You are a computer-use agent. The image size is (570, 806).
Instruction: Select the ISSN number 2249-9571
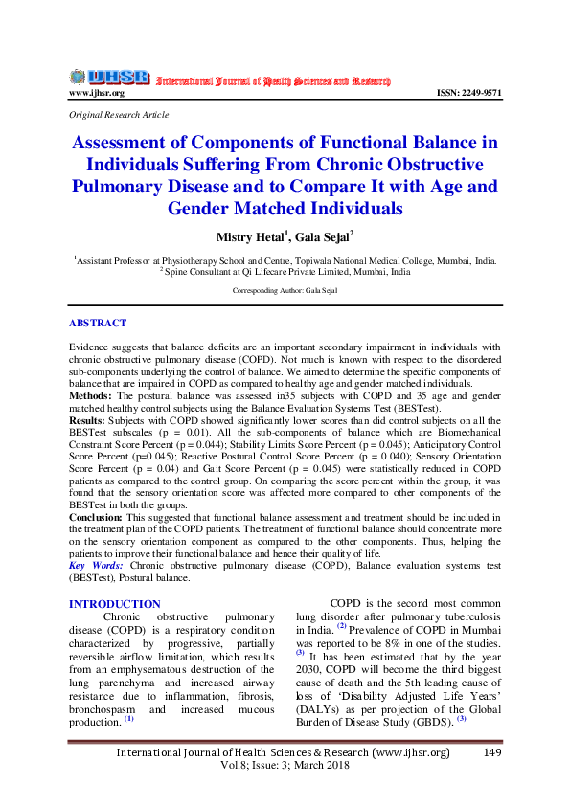[468, 93]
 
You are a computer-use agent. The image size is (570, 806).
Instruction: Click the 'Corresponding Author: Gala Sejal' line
[285, 289]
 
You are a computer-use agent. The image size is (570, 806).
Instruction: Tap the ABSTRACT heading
[98, 324]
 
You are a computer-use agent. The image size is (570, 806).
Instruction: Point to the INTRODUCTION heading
[115, 604]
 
